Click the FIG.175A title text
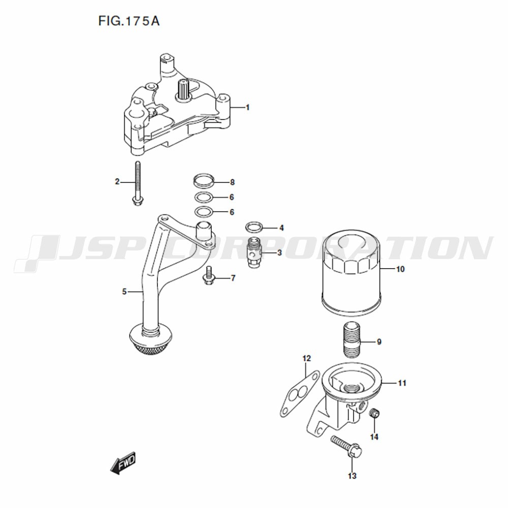pyautogui.click(x=129, y=21)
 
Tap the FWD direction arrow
pyautogui.click(x=123, y=463)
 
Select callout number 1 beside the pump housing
pyautogui.click(x=248, y=107)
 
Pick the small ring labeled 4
pyautogui.click(x=253, y=228)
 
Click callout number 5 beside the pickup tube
pyautogui.click(x=124, y=292)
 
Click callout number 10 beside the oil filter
pyautogui.click(x=400, y=269)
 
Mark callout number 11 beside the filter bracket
pyautogui.click(x=402, y=383)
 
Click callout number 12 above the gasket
pyautogui.click(x=306, y=358)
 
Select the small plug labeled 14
pyautogui.click(x=374, y=414)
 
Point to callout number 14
pyautogui.click(x=374, y=437)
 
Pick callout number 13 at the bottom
pyautogui.click(x=352, y=476)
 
